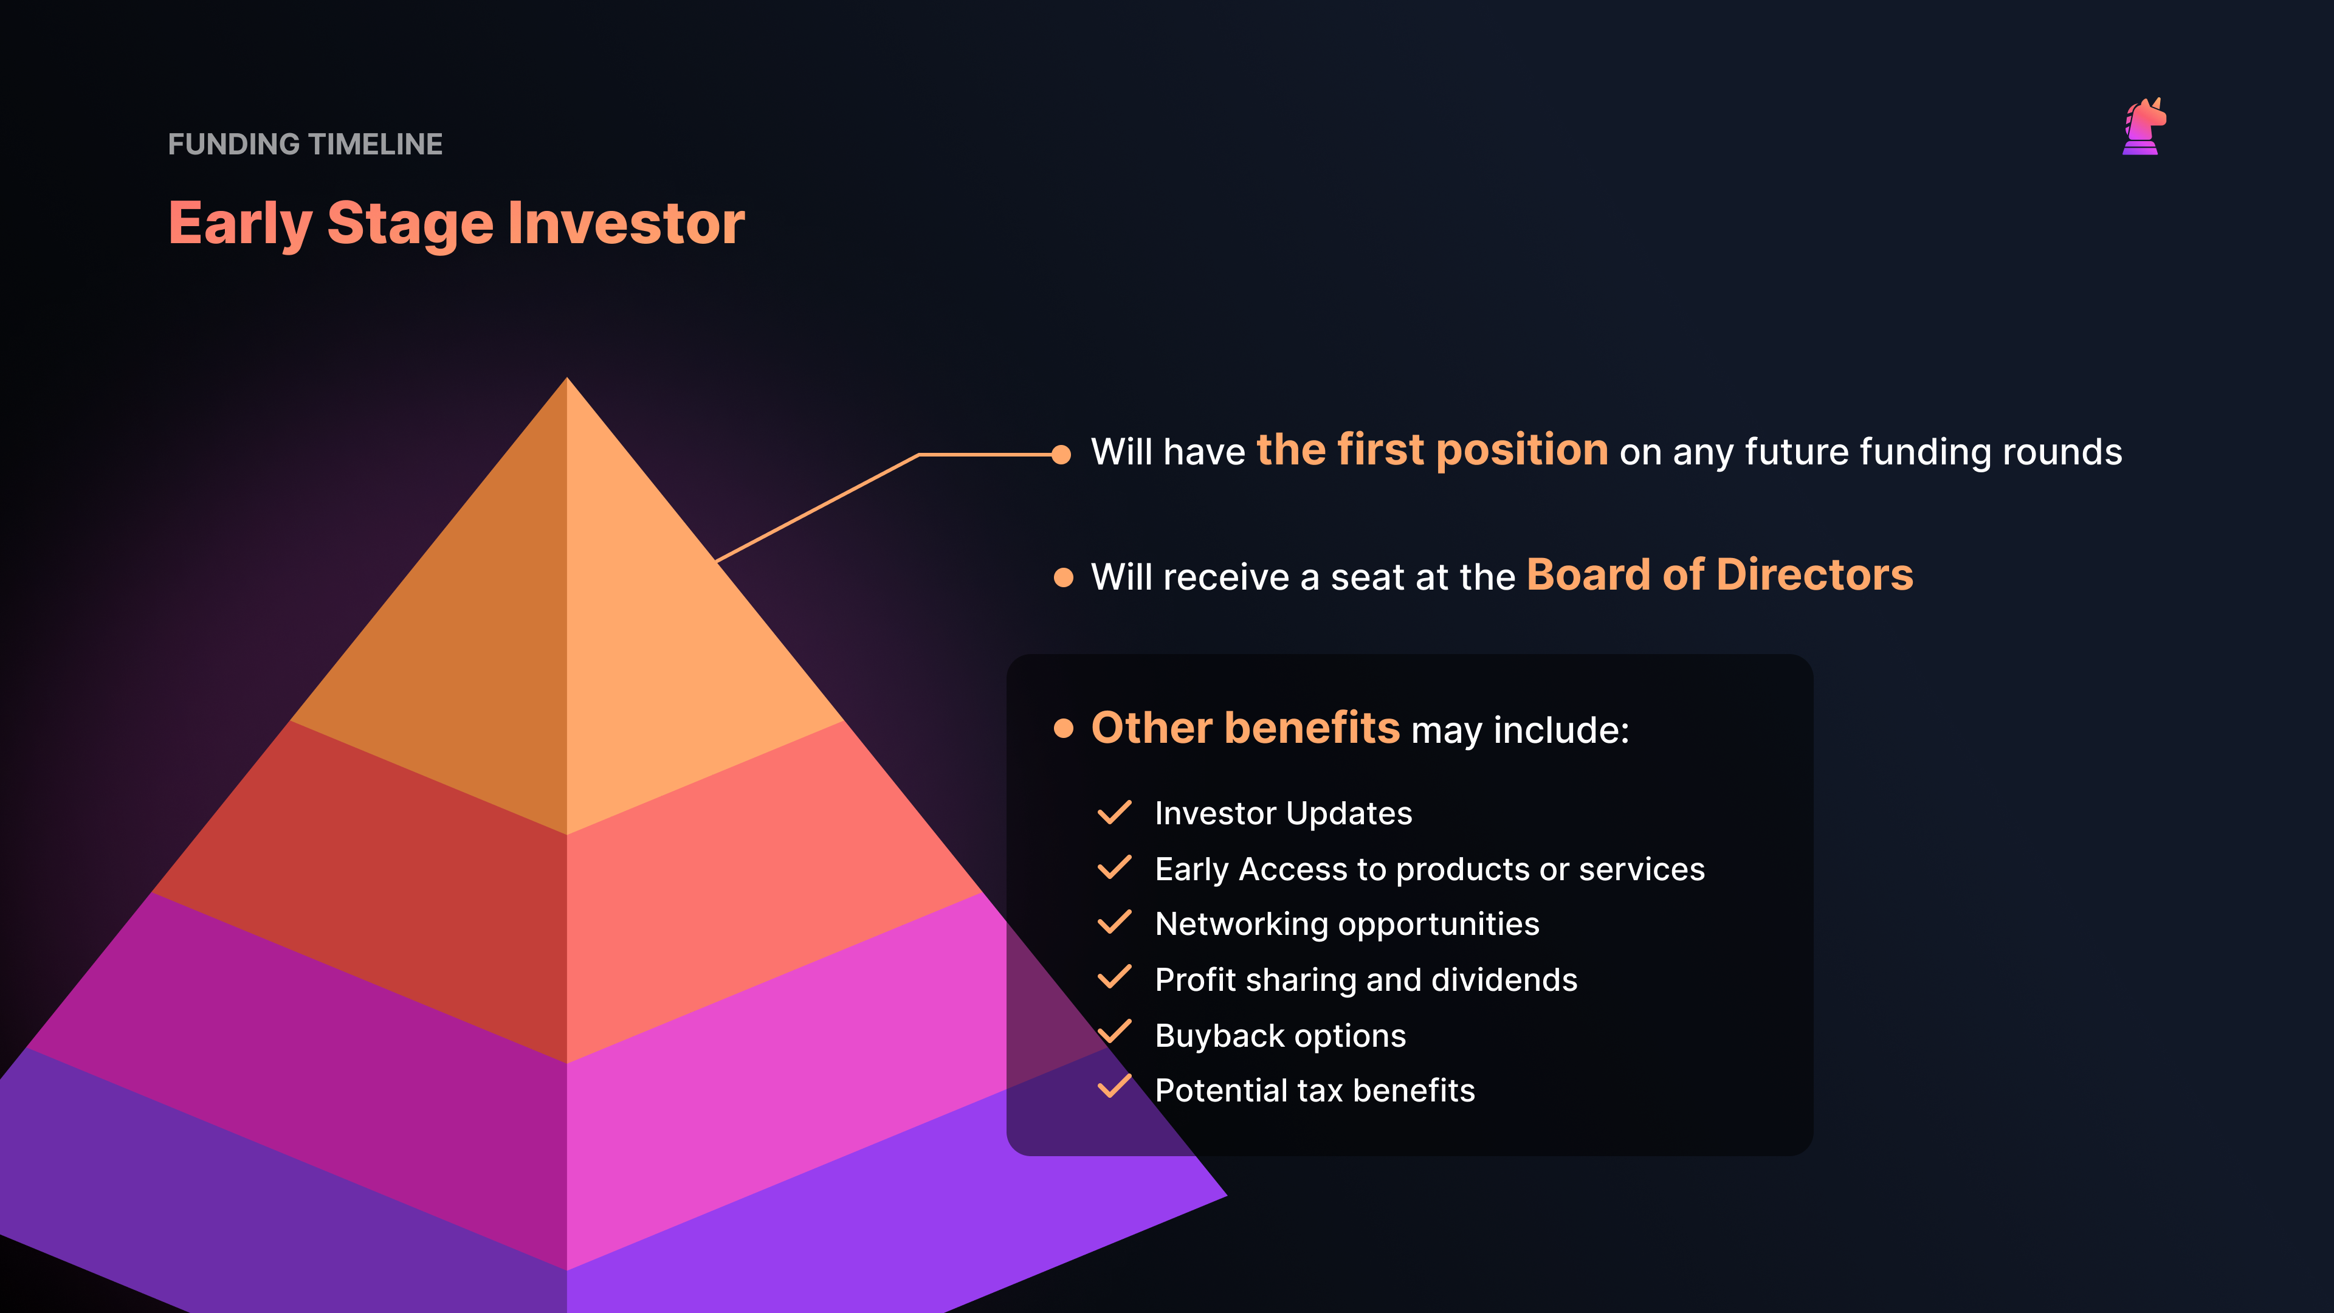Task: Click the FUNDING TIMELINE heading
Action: click(305, 144)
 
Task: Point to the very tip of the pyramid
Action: click(567, 378)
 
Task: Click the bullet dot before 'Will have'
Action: click(1062, 454)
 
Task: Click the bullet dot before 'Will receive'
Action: click(1064, 577)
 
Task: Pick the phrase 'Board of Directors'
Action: click(1720, 574)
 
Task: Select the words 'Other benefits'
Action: click(1246, 728)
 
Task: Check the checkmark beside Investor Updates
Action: click(1115, 812)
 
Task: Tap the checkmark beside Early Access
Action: click(1115, 867)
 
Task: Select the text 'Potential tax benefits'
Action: click(1315, 1090)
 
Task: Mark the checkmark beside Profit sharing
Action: click(1115, 977)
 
